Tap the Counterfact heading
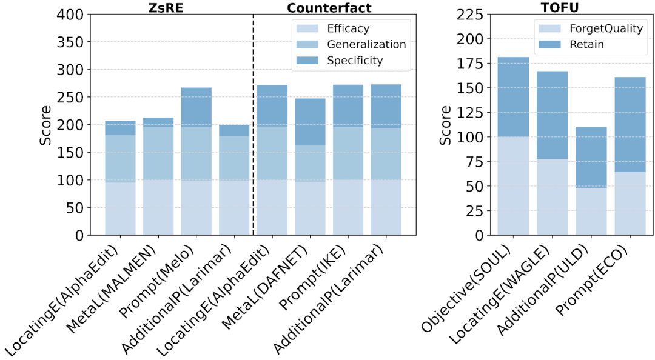(x=329, y=8)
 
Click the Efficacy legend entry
(x=348, y=28)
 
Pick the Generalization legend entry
(x=366, y=44)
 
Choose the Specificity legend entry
(x=355, y=60)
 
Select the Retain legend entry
(x=586, y=44)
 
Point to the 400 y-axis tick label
(x=71, y=15)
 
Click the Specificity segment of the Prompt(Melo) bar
(x=196, y=107)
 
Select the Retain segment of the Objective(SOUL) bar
(x=513, y=97)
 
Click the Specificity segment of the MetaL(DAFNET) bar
(x=310, y=122)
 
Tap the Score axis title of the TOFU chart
(x=446, y=125)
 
